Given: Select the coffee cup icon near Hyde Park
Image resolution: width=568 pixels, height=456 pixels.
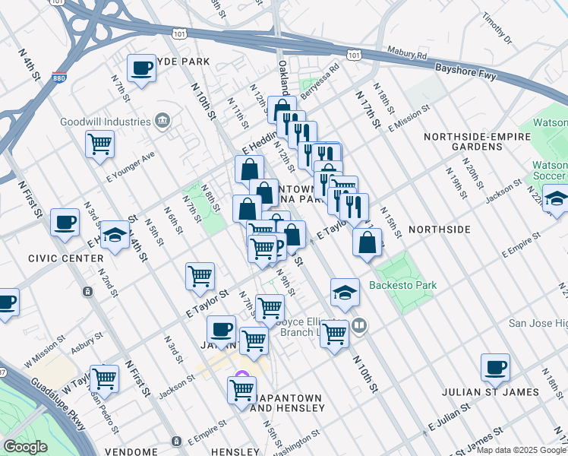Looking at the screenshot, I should (141, 69).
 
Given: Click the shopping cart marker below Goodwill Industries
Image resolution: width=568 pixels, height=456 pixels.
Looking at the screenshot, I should (100, 144).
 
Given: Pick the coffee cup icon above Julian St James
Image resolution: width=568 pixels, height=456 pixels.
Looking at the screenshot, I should (495, 368).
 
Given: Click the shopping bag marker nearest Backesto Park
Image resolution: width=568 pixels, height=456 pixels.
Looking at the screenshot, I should (368, 244).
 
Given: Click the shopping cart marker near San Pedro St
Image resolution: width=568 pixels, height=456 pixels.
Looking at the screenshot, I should (104, 378).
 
